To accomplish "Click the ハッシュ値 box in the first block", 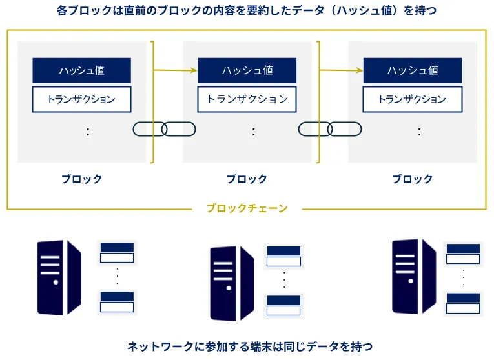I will point(81,70).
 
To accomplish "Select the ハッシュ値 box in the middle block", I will point(247,70).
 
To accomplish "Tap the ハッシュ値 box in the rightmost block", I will point(413,70).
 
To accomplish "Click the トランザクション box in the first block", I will point(81,99).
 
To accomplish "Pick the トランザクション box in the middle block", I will point(247,99).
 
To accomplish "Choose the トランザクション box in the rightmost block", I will point(413,99).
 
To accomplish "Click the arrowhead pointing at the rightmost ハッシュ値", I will point(359,70).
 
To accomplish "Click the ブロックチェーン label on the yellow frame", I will point(247,208).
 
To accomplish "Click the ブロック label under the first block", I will point(81,179).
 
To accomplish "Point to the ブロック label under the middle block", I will point(247,179).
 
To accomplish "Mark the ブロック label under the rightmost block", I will point(413,179).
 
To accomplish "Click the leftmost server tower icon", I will point(59,277).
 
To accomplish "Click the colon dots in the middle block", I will point(253,132).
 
